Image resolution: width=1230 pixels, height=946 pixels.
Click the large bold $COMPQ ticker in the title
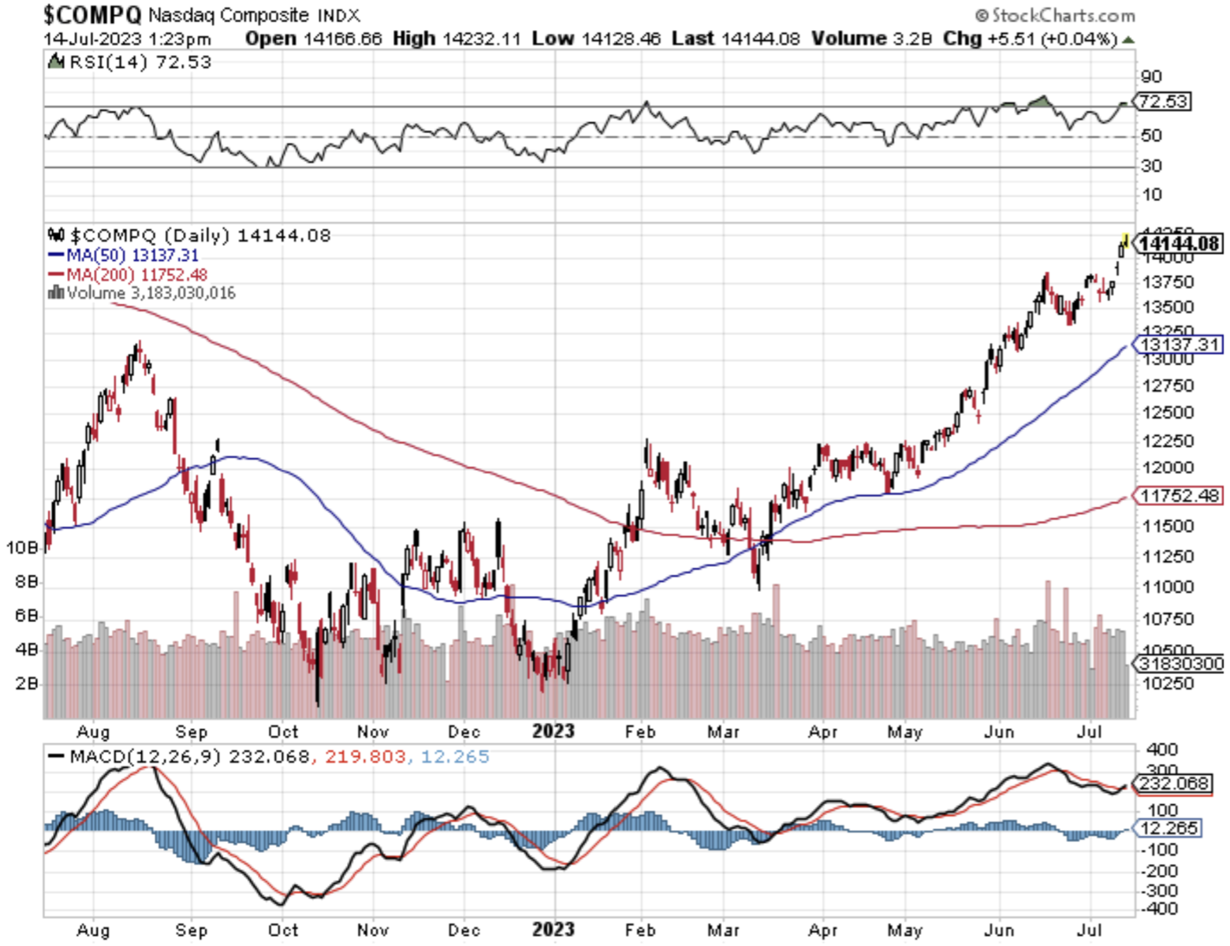point(92,15)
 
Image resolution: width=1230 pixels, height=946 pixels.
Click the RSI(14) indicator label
point(106,62)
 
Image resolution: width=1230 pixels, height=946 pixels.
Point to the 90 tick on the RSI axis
point(1151,76)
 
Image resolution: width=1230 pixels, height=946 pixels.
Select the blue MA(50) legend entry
point(123,255)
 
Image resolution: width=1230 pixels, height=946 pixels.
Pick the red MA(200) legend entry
point(128,274)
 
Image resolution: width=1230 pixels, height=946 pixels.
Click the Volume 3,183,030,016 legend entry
point(142,293)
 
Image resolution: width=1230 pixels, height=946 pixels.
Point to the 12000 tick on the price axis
point(1167,467)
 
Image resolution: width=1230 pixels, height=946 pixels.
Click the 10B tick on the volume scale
point(22,547)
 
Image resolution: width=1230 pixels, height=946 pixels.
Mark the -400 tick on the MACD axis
point(1162,908)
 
